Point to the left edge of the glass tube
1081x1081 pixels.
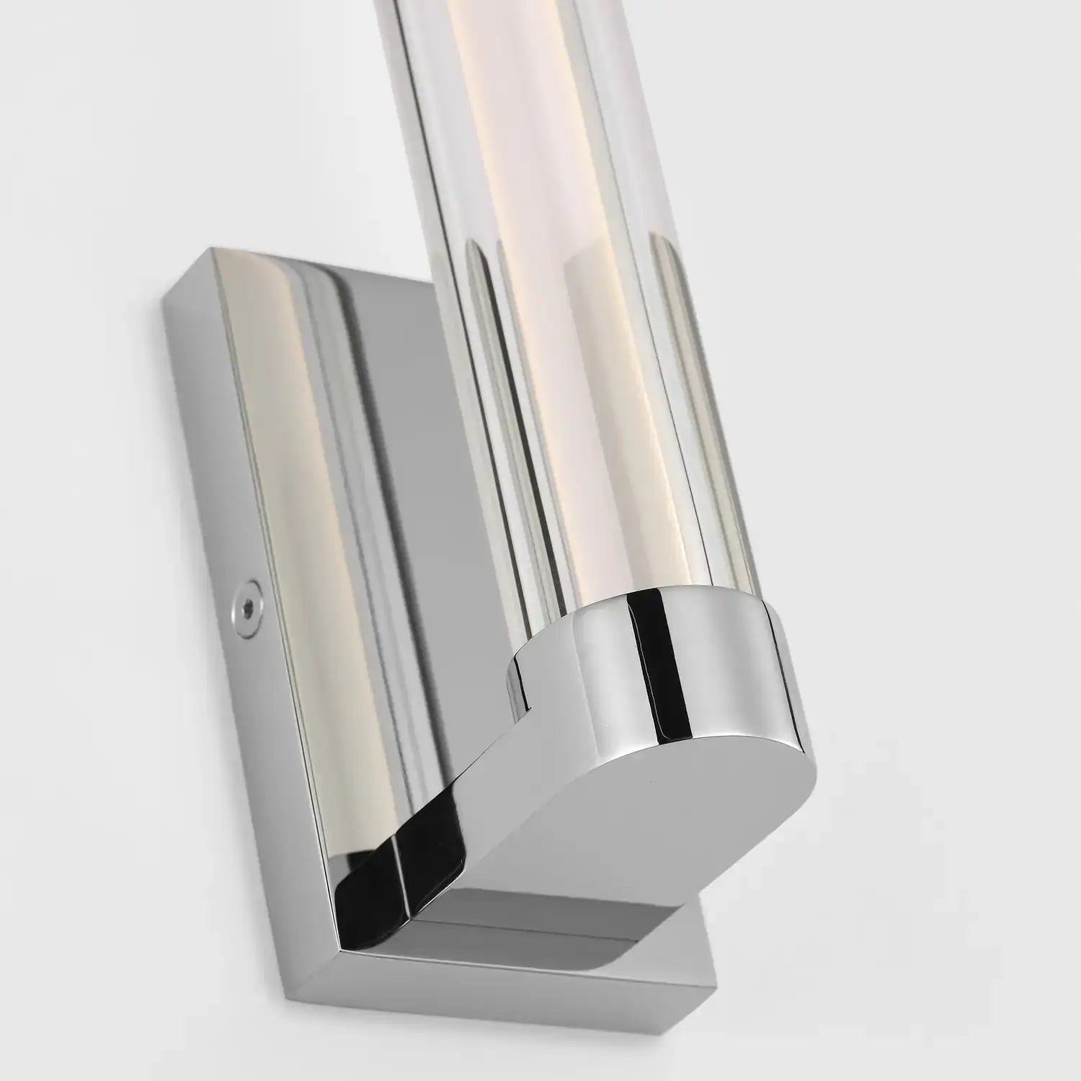(x=432, y=288)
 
